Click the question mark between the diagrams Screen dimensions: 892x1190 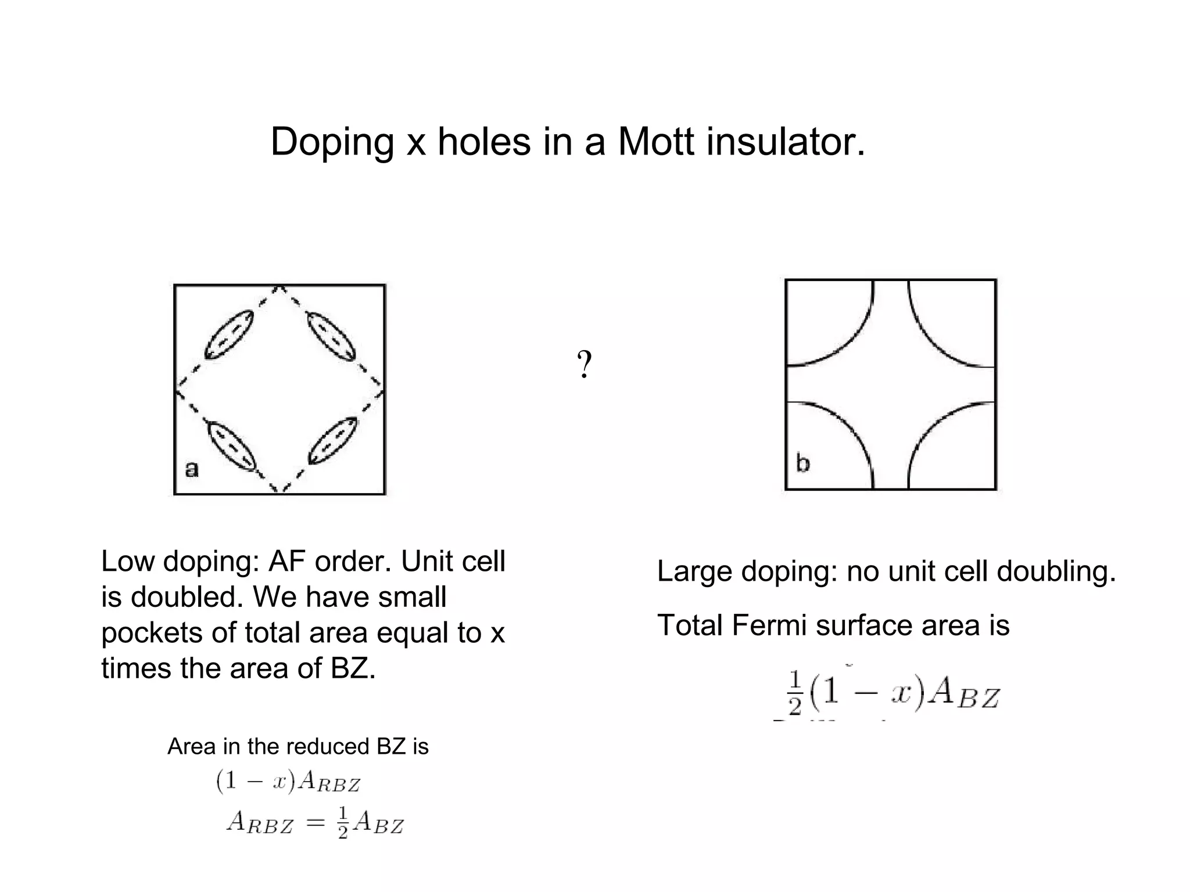pos(585,365)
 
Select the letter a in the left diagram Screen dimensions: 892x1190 pos(192,468)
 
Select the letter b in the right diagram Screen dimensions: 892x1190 pos(802,463)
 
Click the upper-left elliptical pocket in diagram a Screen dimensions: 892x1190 pos(229,334)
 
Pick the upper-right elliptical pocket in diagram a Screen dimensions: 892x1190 pos(331,336)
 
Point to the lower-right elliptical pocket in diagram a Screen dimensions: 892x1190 pos(332,441)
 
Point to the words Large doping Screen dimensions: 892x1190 pos(747,571)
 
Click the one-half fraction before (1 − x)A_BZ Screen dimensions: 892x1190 pos(795,693)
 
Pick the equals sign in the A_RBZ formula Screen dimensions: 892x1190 pos(315,822)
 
